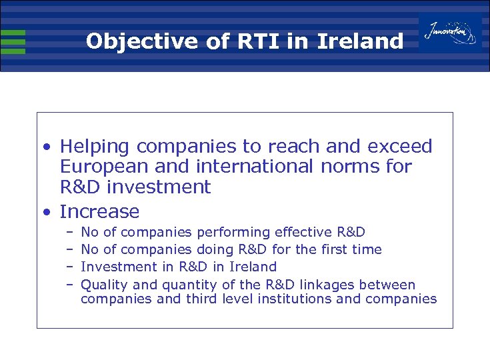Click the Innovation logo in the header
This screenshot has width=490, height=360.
click(x=451, y=32)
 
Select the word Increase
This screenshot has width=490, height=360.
click(x=99, y=212)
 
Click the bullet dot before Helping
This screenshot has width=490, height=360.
click(x=45, y=147)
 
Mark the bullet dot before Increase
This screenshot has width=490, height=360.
click(x=45, y=213)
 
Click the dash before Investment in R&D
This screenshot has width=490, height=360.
click(x=69, y=267)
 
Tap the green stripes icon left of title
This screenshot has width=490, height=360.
click(x=13, y=41)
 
